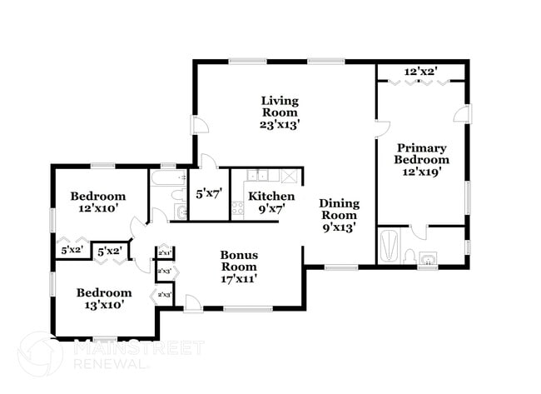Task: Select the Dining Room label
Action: pyautogui.click(x=339, y=215)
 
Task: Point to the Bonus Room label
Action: pyautogui.click(x=239, y=267)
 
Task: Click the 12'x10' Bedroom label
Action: pyautogui.click(x=98, y=202)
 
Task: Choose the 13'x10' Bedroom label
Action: pyautogui.click(x=104, y=298)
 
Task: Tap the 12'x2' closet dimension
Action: pyautogui.click(x=421, y=72)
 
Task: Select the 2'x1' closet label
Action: pyautogui.click(x=164, y=252)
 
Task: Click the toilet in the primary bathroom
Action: pyautogui.click(x=410, y=256)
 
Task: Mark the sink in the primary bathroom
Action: pyautogui.click(x=428, y=259)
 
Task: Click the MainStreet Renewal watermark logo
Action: pyautogui.click(x=40, y=353)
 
